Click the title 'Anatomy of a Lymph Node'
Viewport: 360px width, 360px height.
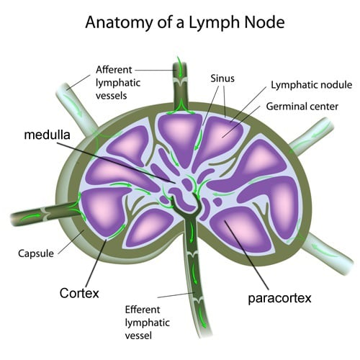click(x=184, y=22)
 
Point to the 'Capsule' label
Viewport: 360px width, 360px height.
click(x=34, y=253)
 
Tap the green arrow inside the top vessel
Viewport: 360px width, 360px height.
click(x=177, y=71)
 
